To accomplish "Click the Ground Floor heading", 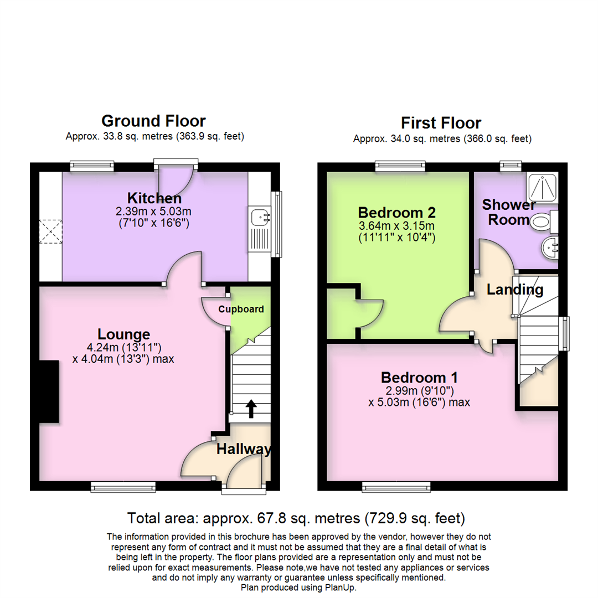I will pyautogui.click(x=153, y=121).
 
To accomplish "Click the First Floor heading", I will pyautogui.click(x=441, y=122).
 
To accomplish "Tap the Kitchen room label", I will pyautogui.click(x=154, y=198).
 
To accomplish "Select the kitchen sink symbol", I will pyautogui.click(x=259, y=218).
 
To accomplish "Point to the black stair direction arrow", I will pyautogui.click(x=251, y=409).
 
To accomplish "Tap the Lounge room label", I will pyautogui.click(x=123, y=334).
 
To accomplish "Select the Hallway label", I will pyautogui.click(x=244, y=449).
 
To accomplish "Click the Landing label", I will pyautogui.click(x=514, y=290).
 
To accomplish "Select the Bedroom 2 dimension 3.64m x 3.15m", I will pyautogui.click(x=396, y=226).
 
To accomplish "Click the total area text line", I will pyautogui.click(x=296, y=519).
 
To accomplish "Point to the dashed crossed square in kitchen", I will pyautogui.click(x=50, y=231).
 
